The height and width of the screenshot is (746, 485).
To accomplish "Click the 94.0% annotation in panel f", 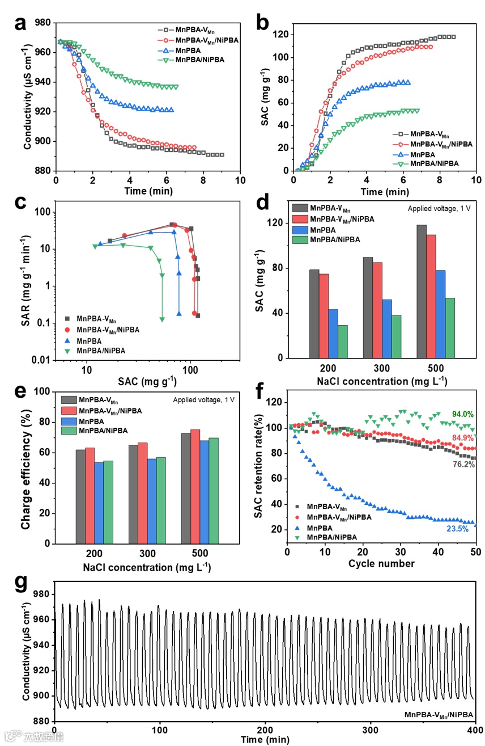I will [462, 414].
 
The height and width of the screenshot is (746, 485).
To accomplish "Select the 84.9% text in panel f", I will [462, 437].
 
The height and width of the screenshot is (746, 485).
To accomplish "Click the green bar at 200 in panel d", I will [342, 342].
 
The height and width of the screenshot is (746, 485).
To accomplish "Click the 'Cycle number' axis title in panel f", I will [381, 563].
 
